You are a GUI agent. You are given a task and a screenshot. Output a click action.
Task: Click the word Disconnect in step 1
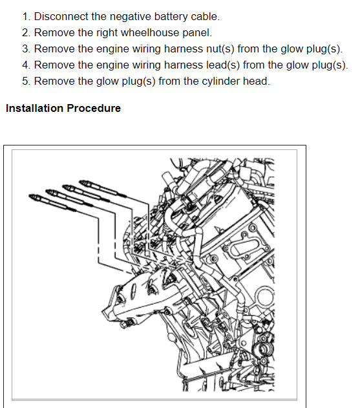pyautogui.click(x=61, y=16)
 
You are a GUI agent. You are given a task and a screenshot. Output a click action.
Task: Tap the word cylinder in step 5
pyautogui.click(x=220, y=81)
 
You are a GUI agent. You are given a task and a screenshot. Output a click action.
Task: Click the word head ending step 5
pyautogui.click(x=256, y=81)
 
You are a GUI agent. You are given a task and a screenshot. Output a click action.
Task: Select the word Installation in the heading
pyautogui.click(x=35, y=108)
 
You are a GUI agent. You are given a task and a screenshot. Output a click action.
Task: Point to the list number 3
pyautogui.click(x=26, y=49)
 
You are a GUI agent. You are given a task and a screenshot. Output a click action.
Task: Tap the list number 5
pyautogui.click(x=26, y=81)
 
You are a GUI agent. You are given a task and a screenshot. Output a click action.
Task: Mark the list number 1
pyautogui.click(x=26, y=17)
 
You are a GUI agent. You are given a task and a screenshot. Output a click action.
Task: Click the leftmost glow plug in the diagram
pyautogui.click(x=52, y=202)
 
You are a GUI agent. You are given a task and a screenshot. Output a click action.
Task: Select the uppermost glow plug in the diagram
pyautogui.click(x=103, y=188)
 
